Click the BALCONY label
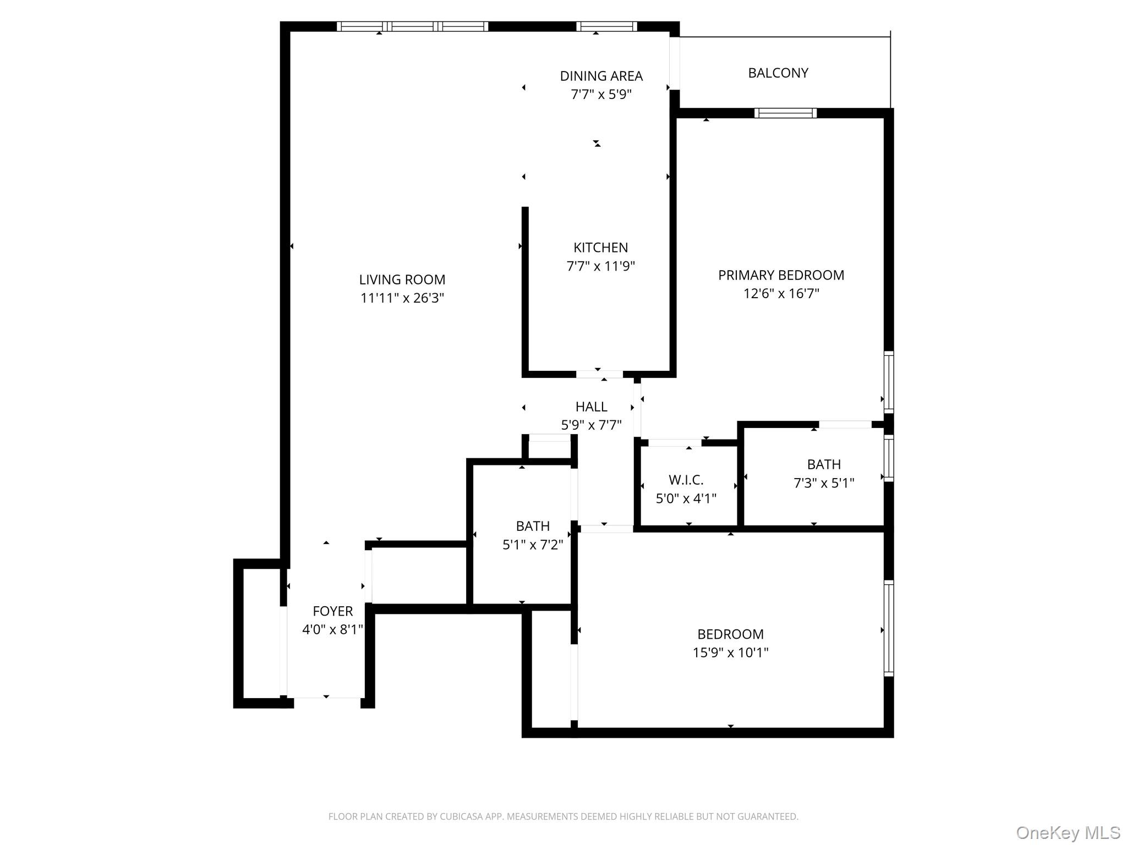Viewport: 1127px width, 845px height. (778, 73)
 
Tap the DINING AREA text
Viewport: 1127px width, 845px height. (601, 76)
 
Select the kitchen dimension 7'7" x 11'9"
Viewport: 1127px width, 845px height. (600, 266)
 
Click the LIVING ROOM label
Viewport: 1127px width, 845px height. (402, 279)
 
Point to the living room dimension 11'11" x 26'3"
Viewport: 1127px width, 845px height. (402, 298)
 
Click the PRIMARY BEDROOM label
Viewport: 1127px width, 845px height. (781, 275)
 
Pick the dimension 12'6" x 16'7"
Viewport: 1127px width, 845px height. (781, 294)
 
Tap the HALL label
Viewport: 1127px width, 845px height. (591, 407)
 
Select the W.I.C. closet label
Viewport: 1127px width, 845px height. (686, 480)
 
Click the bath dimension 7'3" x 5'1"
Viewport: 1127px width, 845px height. (823, 483)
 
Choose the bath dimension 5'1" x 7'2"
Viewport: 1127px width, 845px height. (532, 545)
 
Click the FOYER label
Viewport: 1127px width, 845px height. (332, 611)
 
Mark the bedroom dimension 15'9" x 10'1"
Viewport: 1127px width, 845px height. (730, 652)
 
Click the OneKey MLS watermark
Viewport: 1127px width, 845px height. (1068, 832)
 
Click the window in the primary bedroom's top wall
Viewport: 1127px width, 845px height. (785, 113)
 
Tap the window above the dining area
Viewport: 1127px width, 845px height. (606, 26)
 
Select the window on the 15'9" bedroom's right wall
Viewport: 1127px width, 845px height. (888, 628)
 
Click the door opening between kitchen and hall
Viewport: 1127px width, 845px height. (599, 375)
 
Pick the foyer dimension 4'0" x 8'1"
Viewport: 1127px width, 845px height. (332, 629)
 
